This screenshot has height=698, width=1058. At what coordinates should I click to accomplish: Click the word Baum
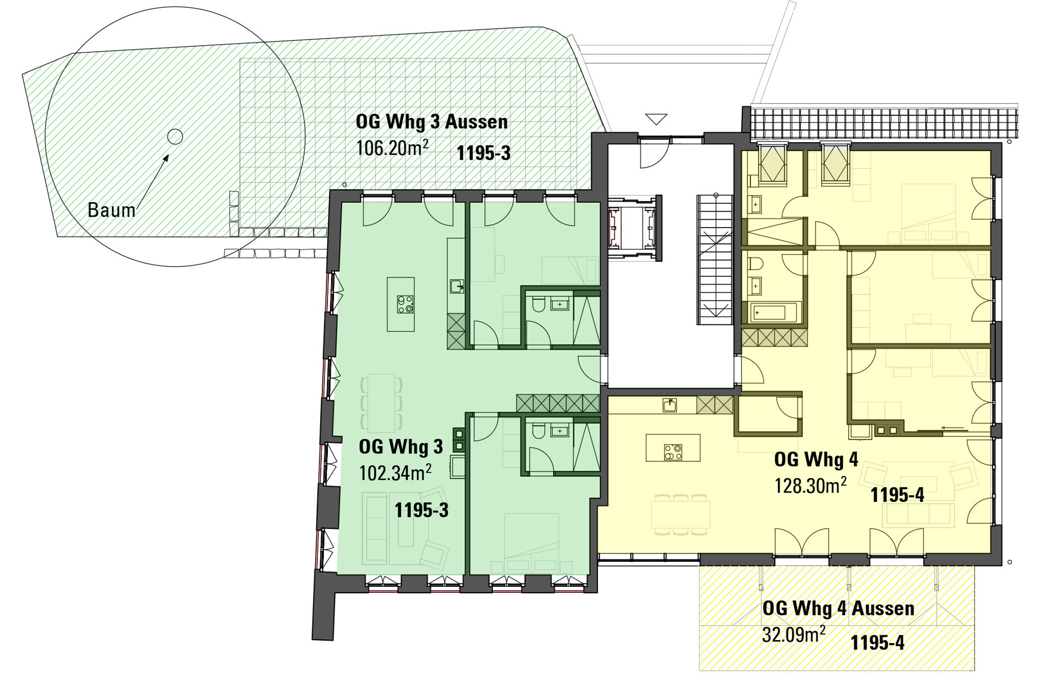[x=111, y=210]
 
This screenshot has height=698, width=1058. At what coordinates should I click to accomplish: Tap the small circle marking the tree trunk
[x=175, y=136]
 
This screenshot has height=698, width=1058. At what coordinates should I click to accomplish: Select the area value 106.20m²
[x=392, y=148]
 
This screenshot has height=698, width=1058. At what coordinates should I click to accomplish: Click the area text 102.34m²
[x=395, y=472]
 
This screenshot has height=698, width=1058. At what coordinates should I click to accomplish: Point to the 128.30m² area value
[x=810, y=485]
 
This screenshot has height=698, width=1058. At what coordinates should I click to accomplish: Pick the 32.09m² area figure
[x=793, y=634]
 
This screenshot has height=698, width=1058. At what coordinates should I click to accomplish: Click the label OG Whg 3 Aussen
[x=431, y=121]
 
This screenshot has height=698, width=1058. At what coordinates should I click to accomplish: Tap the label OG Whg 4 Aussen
[x=838, y=608]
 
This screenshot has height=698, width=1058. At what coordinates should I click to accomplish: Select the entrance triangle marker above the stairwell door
[x=656, y=119]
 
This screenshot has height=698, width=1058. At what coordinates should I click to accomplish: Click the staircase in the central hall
[x=715, y=259]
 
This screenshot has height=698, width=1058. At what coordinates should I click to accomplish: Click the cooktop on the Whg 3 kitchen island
[x=405, y=305]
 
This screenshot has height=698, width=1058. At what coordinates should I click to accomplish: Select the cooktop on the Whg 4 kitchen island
[x=673, y=452]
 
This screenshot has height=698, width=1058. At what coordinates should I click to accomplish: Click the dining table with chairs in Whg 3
[x=381, y=402]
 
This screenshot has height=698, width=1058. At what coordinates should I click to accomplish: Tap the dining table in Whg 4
[x=681, y=515]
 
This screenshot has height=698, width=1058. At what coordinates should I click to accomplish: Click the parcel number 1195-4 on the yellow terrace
[x=877, y=642]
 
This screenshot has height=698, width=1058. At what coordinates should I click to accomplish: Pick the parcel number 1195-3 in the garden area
[x=483, y=153]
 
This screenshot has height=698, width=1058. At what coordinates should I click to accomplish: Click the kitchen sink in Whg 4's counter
[x=670, y=405]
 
